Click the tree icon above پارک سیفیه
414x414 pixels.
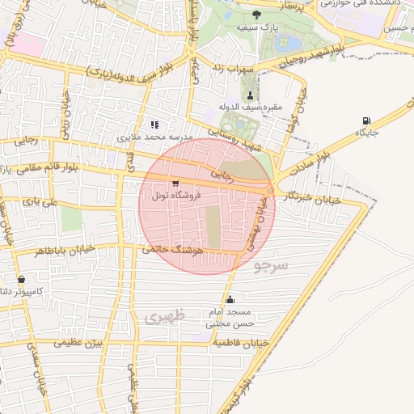(x=257, y=14)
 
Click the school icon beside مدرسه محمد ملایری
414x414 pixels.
(x=154, y=125)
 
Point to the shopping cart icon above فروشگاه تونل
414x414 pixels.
(x=175, y=184)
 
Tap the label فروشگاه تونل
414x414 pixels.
(x=173, y=196)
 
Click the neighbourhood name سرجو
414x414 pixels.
(x=270, y=265)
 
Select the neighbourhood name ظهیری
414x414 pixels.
(x=166, y=316)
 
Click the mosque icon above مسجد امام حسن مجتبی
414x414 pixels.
(x=230, y=299)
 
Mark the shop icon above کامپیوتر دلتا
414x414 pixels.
(x=21, y=279)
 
